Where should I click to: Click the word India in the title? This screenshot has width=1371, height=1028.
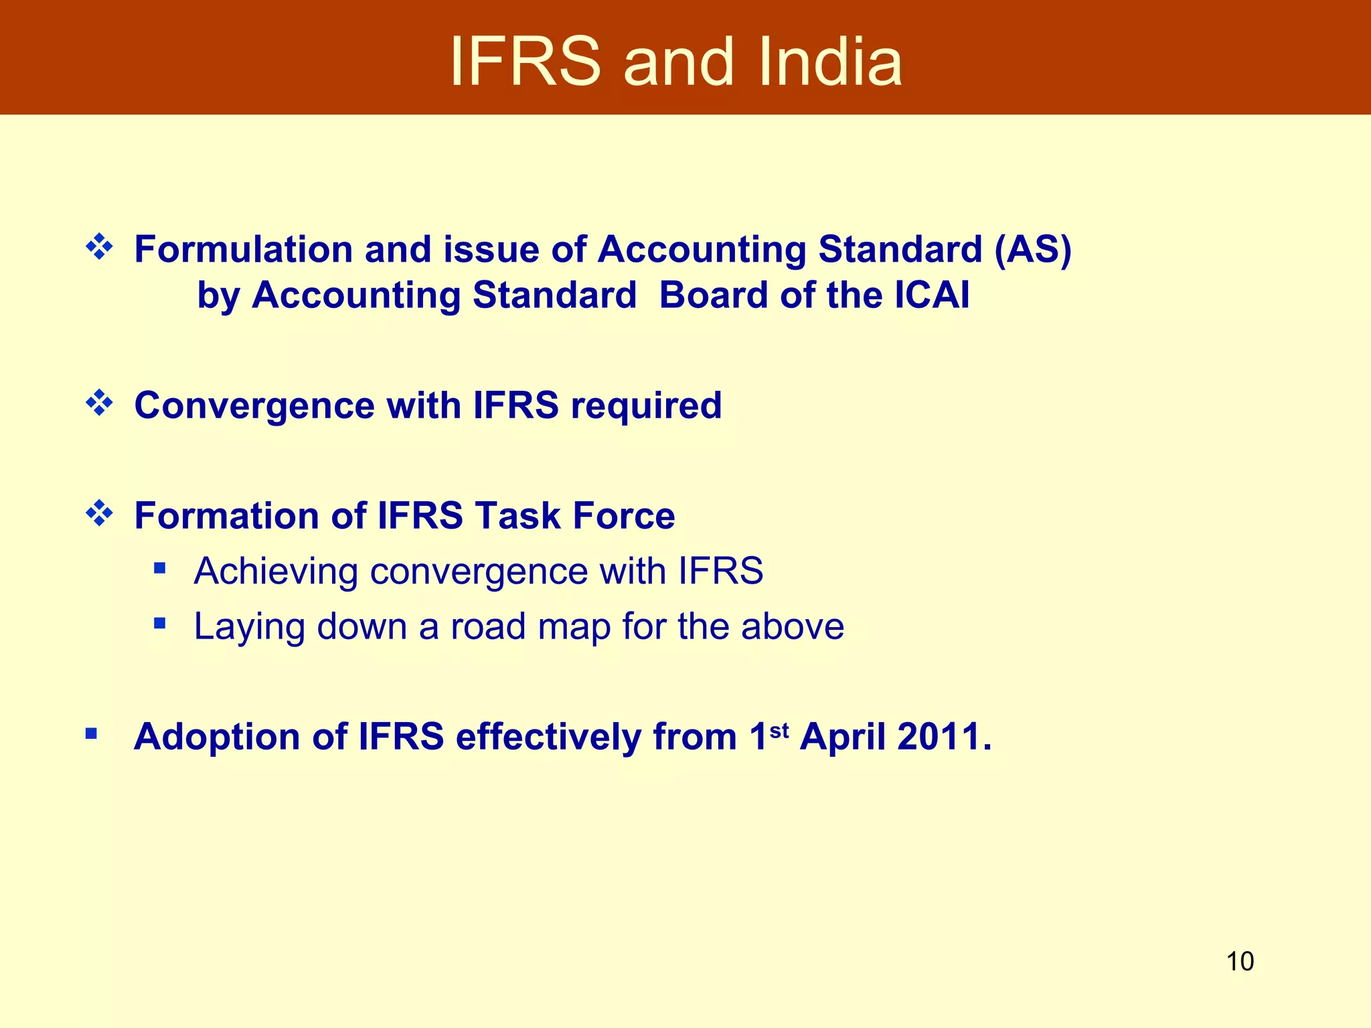coord(830,62)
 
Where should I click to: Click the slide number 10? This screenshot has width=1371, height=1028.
coord(1240,961)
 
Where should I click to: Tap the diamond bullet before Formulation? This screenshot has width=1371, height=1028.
coord(99,247)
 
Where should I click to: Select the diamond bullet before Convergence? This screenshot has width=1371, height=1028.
coord(99,403)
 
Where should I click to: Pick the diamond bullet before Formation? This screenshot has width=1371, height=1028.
coord(99,513)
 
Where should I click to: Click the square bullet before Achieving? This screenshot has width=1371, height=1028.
coord(159,569)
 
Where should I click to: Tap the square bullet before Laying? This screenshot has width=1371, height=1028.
coord(159,624)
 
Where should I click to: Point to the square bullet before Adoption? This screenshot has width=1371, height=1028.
coord(92,734)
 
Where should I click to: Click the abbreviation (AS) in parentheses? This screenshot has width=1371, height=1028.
coord(1033,250)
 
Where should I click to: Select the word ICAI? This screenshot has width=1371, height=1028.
coord(931,295)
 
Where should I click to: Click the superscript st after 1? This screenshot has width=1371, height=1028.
coord(779,730)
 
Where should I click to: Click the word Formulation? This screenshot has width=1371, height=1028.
coord(244,250)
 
